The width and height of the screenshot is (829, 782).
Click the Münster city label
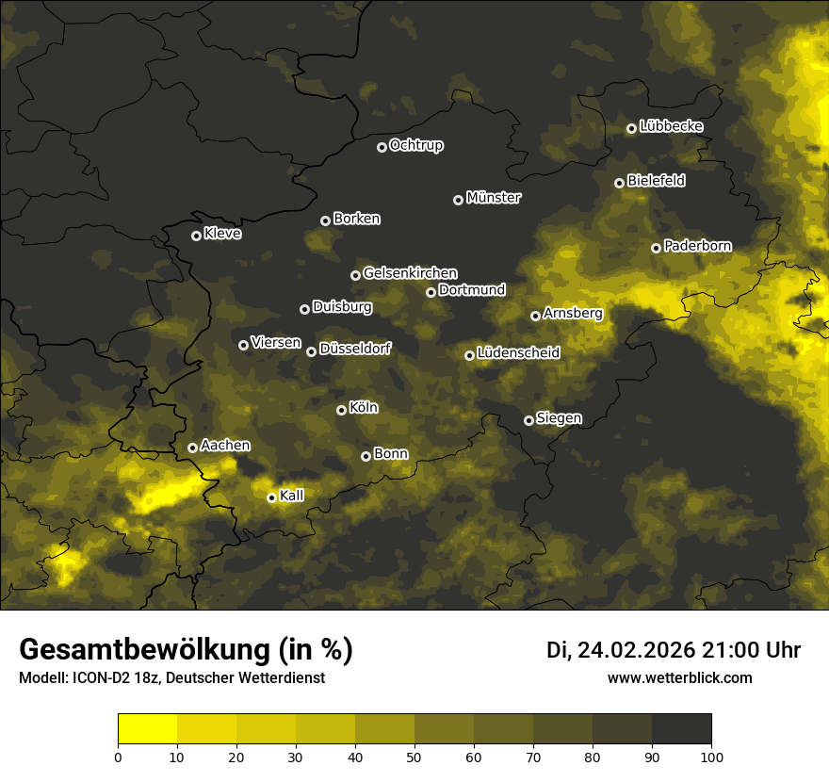click(x=494, y=198)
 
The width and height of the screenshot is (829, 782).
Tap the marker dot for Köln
click(x=341, y=410)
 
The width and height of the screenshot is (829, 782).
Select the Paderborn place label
click(x=697, y=247)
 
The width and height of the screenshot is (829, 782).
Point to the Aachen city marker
click(x=192, y=448)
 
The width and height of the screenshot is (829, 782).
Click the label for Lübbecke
click(x=671, y=126)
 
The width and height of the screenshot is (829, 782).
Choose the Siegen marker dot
click(x=528, y=420)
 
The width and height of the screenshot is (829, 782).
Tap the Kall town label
click(x=292, y=496)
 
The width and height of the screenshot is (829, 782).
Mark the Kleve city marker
click(x=196, y=236)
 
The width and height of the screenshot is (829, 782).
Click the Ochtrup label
click(x=415, y=146)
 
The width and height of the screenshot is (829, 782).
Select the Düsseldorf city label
click(x=355, y=350)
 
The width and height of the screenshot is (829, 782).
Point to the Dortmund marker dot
click(x=431, y=292)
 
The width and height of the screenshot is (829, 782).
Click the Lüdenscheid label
click(x=518, y=353)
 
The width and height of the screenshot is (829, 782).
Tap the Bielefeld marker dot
click(x=619, y=183)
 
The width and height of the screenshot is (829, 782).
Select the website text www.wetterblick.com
click(x=679, y=677)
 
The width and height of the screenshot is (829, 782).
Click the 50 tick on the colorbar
click(x=414, y=756)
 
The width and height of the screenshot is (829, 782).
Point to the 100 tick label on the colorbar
click(x=711, y=756)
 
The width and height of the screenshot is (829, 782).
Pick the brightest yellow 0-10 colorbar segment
click(x=148, y=728)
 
